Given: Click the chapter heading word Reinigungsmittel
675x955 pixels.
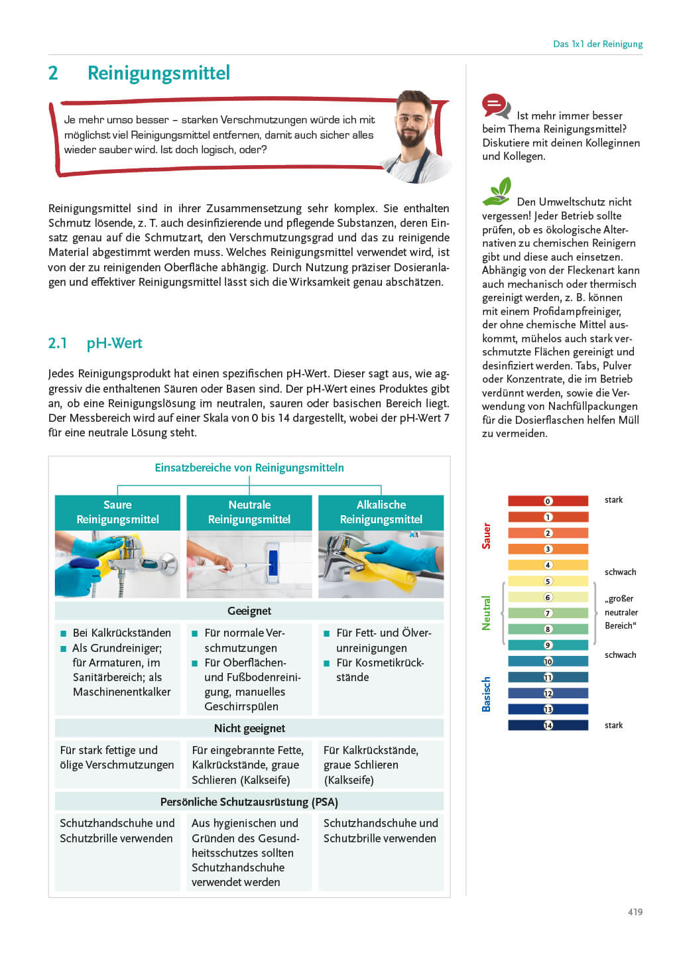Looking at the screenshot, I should (158, 73).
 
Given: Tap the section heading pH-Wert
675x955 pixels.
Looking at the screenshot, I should (114, 344).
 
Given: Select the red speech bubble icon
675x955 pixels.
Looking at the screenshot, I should (495, 105).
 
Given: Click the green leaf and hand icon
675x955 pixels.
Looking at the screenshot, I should (498, 191).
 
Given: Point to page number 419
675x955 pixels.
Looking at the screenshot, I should (635, 912).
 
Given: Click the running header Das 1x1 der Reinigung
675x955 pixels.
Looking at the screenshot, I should (597, 44).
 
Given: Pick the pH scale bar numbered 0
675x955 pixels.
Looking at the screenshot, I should (548, 501).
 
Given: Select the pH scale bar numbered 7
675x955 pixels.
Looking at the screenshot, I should (548, 613).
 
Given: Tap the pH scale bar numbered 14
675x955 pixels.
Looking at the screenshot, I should (548, 726).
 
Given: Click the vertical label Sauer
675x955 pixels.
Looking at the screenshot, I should (487, 536).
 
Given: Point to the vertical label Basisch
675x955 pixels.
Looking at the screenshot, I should (487, 694).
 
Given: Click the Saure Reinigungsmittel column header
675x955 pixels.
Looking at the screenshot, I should (117, 512).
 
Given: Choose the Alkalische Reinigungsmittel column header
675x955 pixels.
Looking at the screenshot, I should (381, 512).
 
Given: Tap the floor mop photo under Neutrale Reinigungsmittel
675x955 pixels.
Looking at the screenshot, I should (249, 564).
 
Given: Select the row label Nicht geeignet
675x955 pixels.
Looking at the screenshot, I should (249, 728).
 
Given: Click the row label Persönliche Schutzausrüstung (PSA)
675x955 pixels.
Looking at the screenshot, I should (249, 802).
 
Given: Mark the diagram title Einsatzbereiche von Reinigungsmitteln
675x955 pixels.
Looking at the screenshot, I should (249, 468).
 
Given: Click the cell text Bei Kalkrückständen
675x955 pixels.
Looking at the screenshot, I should (121, 633).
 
